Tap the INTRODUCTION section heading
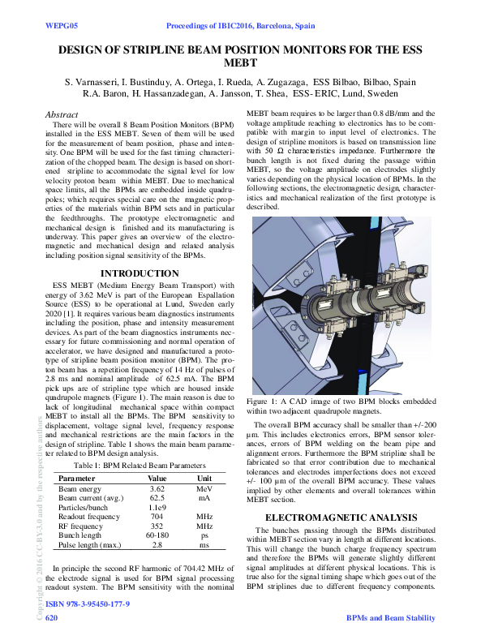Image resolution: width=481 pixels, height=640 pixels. tap(140, 274)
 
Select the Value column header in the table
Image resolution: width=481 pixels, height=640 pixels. tap(157, 479)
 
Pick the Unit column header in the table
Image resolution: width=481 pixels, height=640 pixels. tap(204, 479)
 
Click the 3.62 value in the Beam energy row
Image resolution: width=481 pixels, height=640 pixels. tap(157, 490)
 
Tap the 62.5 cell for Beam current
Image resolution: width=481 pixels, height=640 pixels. tap(157, 499)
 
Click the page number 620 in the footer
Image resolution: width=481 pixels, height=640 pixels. tap(51, 618)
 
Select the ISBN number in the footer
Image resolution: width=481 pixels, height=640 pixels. tap(87, 605)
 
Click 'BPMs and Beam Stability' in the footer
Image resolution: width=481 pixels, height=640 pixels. tap(390, 618)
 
